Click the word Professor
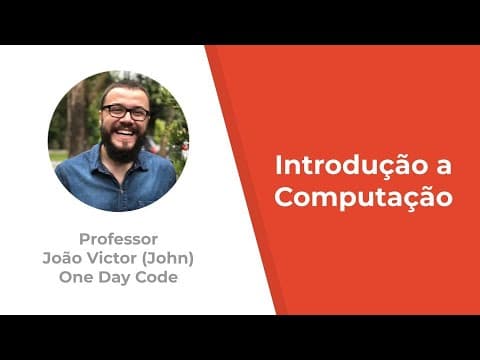pos(118,239)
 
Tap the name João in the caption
pos(62,258)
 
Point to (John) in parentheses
pos(168,258)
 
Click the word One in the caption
pos(76,277)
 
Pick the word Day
pos(114,278)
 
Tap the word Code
pos(156,277)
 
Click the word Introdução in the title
pos(351,167)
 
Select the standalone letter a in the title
pos(444,168)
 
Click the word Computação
pos(363,198)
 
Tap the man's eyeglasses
pos(126,112)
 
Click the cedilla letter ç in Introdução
pos(388,169)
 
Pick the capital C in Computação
pos(285,196)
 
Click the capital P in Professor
pos(84,239)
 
